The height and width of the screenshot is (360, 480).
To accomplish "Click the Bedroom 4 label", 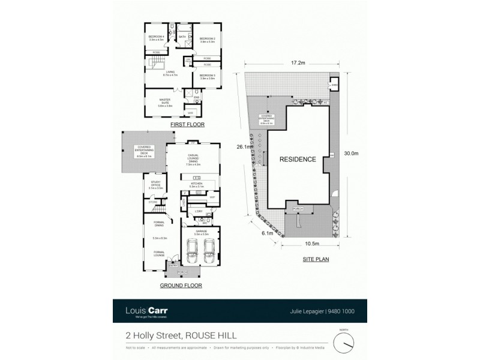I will [x=156, y=38].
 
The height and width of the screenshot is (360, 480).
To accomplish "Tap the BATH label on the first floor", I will [x=182, y=38].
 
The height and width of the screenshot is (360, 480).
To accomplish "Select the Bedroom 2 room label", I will [x=208, y=40].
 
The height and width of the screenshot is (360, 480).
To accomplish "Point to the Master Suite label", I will [x=164, y=103].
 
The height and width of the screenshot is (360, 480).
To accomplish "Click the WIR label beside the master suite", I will [x=190, y=112].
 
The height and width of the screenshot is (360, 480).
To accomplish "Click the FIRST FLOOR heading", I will [x=187, y=125].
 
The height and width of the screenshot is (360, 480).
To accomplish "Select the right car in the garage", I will [x=209, y=252].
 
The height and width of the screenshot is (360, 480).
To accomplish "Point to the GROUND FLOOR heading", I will [x=181, y=286].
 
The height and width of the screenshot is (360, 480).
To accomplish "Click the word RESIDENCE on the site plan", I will [x=298, y=160].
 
